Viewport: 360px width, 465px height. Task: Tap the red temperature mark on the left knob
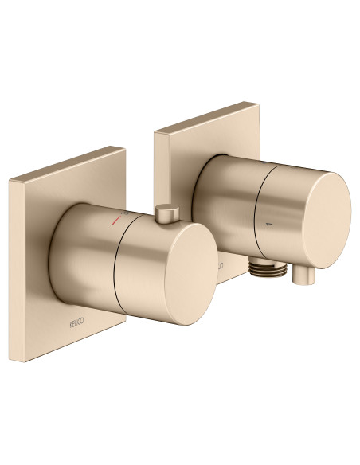(118, 217)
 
